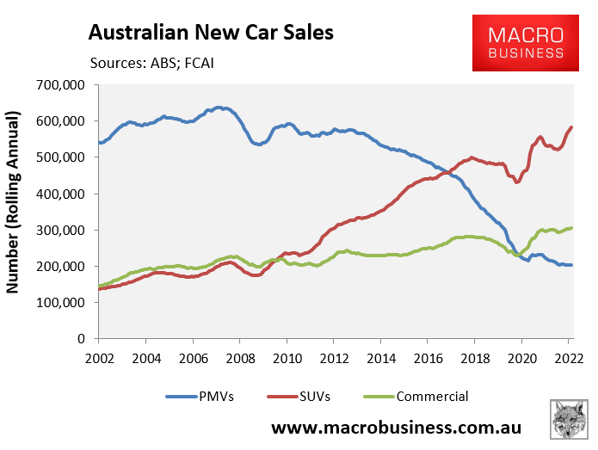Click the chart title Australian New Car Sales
point(211,34)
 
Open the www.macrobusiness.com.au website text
point(397,428)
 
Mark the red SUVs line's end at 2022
point(571,127)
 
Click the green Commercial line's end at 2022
point(571,228)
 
